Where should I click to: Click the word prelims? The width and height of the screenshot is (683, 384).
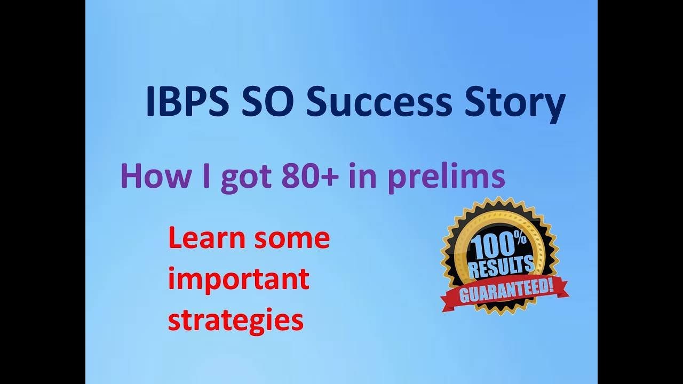tap(446, 178)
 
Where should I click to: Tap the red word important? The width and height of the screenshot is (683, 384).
tap(239, 279)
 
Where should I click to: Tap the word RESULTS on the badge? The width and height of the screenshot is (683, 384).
tap(501, 267)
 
